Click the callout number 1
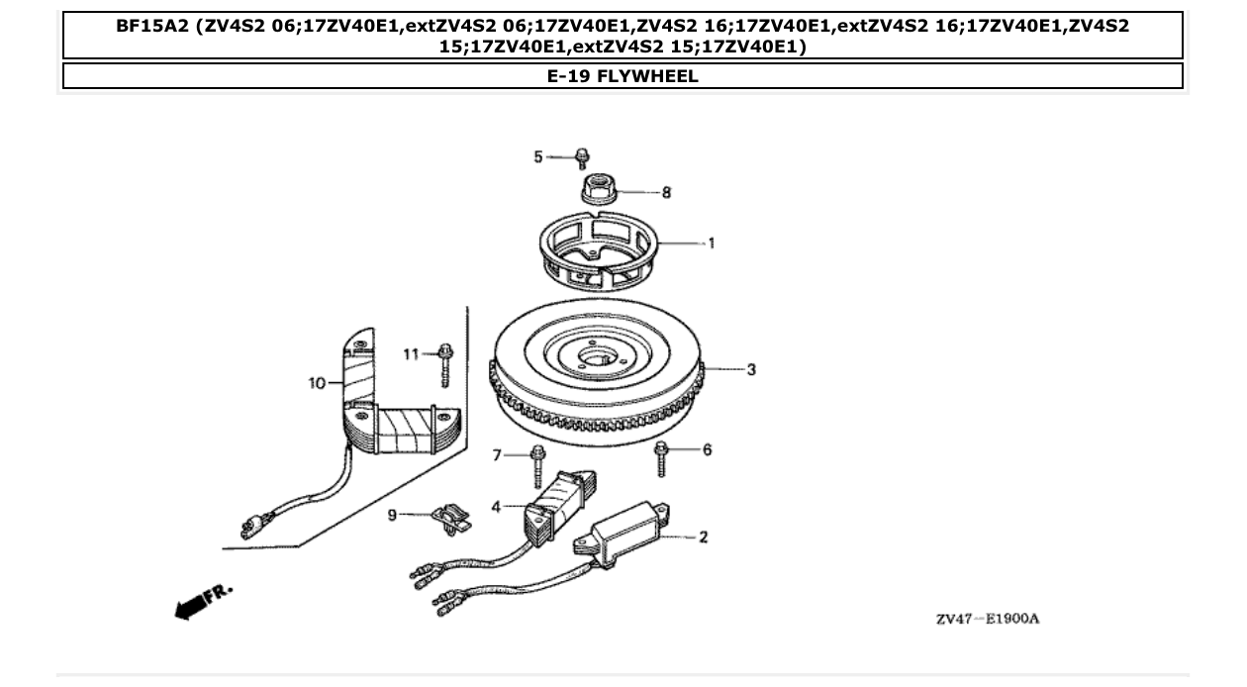[711, 243]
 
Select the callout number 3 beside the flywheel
[751, 370]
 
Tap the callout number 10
[317, 382]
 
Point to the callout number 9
[392, 515]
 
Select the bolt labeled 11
[445, 363]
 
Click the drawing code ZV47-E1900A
[987, 620]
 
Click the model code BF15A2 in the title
[151, 27]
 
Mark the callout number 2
[703, 538]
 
